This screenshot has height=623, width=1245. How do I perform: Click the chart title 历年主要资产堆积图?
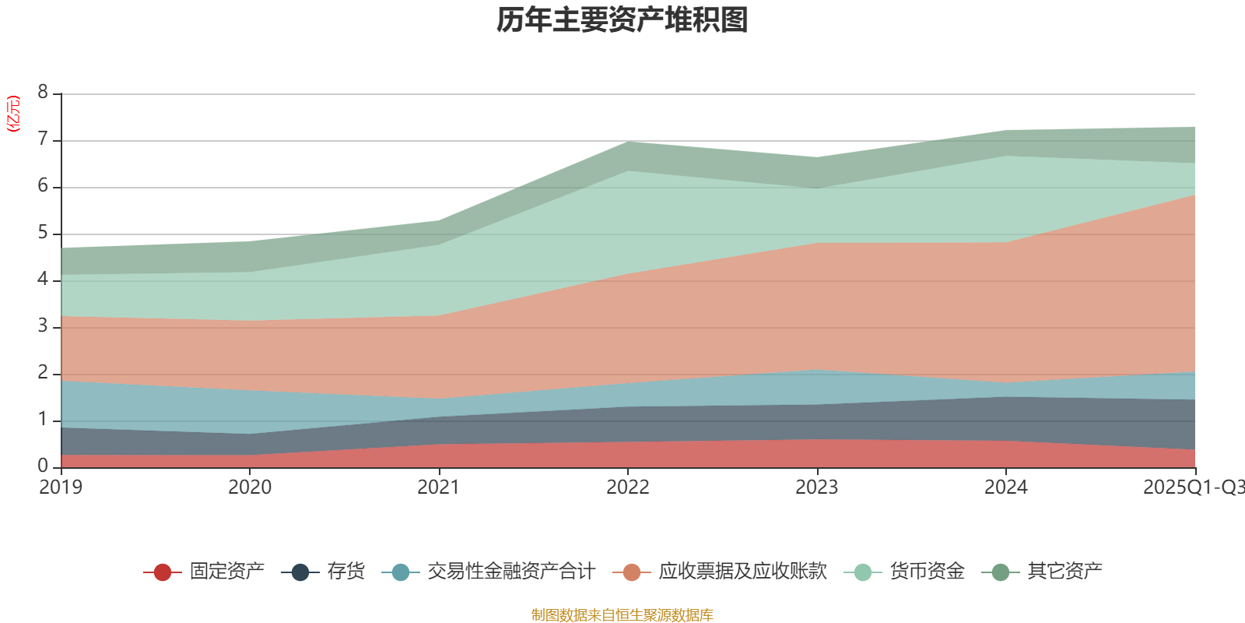tap(622, 20)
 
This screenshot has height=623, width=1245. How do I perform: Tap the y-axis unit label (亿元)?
tap(13, 114)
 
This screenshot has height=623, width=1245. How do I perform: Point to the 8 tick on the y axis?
tap(43, 93)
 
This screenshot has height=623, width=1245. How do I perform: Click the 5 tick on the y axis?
tap(43, 233)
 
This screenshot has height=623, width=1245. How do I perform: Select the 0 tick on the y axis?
tap(43, 466)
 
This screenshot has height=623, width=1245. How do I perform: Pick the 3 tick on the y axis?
tap(43, 326)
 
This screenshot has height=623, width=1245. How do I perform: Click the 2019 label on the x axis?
tap(61, 487)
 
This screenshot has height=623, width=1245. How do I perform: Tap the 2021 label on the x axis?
tap(439, 487)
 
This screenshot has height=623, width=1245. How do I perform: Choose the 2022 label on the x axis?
tap(628, 487)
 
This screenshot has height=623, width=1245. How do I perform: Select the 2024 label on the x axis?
tap(1006, 487)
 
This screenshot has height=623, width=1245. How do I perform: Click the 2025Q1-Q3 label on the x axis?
tap(1193, 487)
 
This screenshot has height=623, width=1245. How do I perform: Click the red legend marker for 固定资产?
tap(163, 572)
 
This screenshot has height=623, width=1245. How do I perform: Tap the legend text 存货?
tap(345, 572)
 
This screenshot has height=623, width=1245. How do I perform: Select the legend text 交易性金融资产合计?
tap(510, 572)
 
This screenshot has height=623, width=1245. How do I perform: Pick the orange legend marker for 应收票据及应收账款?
tap(632, 572)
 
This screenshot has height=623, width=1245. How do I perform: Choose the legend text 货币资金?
tap(927, 572)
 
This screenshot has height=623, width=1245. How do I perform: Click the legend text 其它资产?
tap(1064, 572)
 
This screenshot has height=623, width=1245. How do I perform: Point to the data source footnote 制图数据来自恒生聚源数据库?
tap(622, 615)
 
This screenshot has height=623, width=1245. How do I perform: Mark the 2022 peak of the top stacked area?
tap(628, 142)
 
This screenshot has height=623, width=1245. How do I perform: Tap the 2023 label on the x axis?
tap(817, 487)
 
